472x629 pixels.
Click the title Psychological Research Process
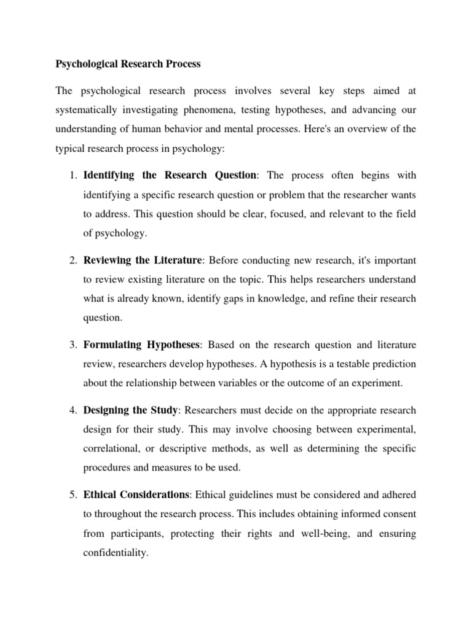tap(128, 63)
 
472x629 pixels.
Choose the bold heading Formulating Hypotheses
tap(142, 345)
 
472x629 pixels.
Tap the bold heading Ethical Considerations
tap(136, 494)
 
